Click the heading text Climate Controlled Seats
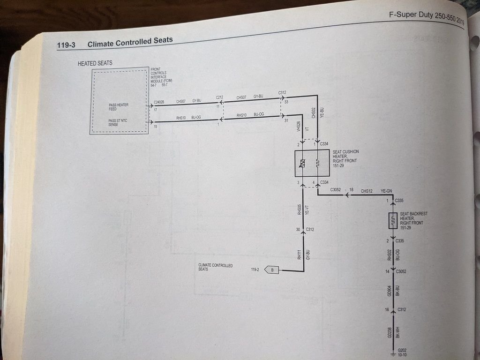pos(130,42)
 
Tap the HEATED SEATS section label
pos(95,63)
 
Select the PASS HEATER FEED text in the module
pos(118,107)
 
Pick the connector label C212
pos(219,97)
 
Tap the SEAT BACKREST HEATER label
pos(413,218)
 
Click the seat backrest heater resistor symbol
pos(393,220)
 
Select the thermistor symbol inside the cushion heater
pos(302,164)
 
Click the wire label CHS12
pos(367,191)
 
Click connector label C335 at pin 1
pos(399,201)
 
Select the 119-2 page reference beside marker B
pos(255,270)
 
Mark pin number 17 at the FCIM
pos(155,109)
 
